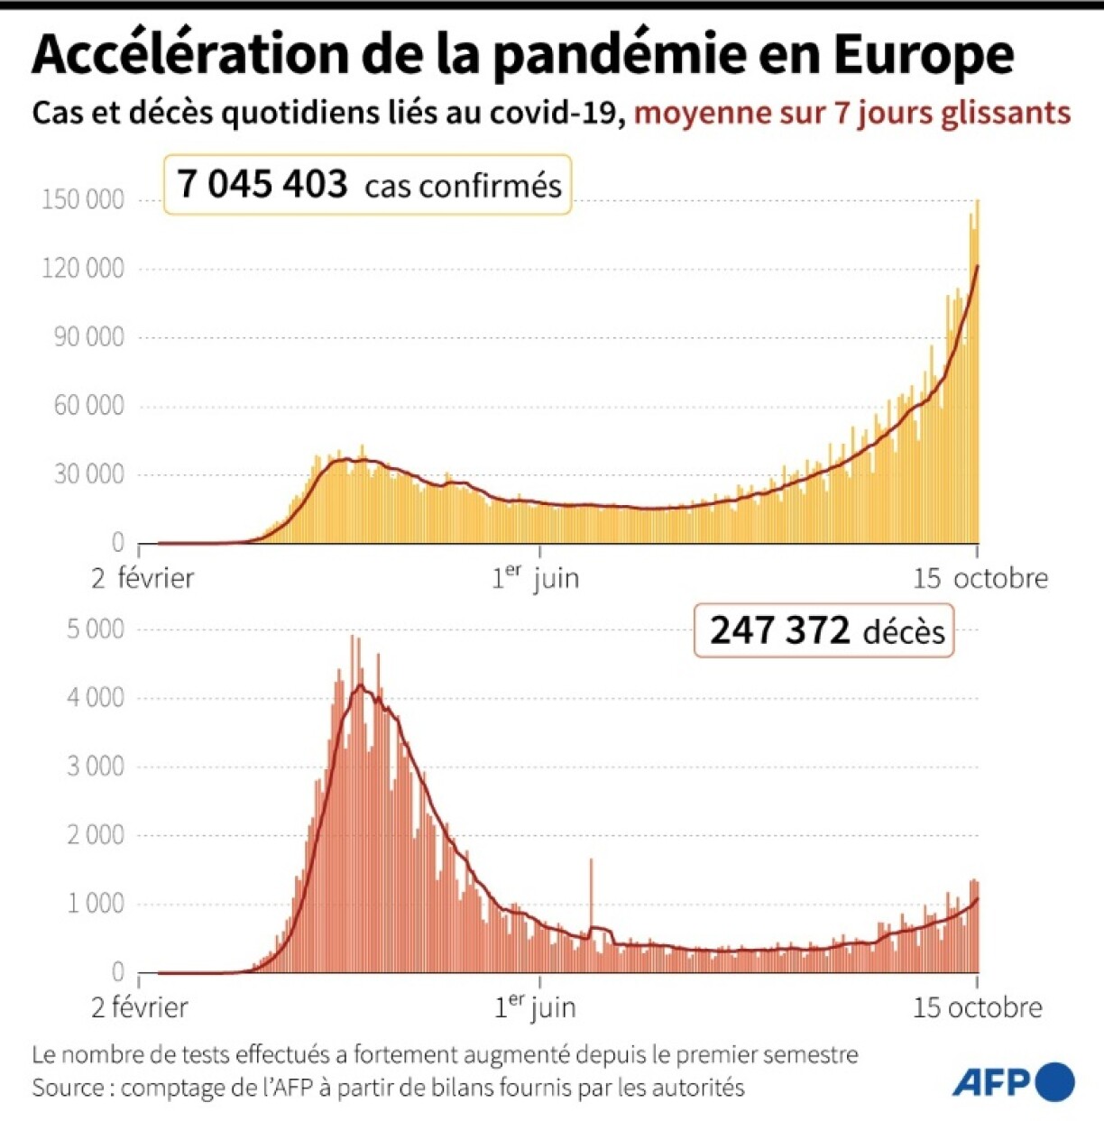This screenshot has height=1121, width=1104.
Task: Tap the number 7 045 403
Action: pos(262,185)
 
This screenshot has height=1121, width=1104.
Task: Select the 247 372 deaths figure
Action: pos(779,630)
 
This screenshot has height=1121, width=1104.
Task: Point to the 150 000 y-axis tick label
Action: pos(83,199)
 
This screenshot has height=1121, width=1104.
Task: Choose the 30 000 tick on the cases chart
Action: pos(88,474)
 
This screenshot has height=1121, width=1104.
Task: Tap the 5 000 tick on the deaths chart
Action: pos(95,629)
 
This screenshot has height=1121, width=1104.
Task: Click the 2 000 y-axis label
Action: pos(95,835)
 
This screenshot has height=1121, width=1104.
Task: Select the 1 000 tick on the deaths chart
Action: pos(95,904)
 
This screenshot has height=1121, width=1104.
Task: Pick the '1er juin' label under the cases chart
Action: pos(535,577)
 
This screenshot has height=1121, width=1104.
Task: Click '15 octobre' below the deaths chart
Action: pos(977,1007)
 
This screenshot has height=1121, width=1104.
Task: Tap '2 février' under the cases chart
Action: pos(143,577)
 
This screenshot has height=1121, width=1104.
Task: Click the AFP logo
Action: pos(1013,1081)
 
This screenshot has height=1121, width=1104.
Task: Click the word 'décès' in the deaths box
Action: pos(904,632)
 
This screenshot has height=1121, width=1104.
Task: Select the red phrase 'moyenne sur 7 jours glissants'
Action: pos(852,114)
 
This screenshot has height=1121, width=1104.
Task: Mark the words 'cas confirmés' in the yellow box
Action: pos(463,186)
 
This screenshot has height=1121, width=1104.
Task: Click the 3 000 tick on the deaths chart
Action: pos(95,767)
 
